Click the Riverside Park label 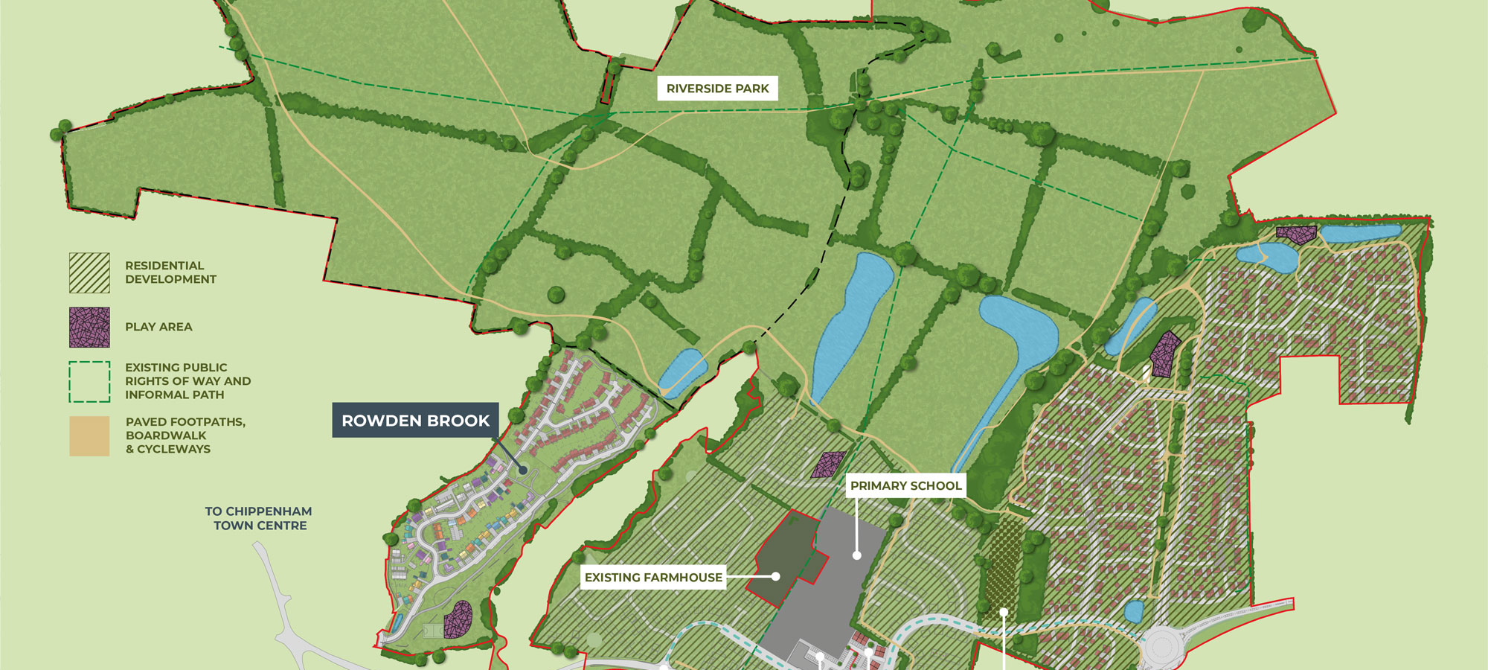coord(717,89)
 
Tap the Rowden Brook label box coord(415,421)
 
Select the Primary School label coord(905,485)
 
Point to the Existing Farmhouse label coord(652,577)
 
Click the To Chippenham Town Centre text coord(259,518)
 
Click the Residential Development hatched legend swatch coord(89,272)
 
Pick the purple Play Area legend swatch coord(89,327)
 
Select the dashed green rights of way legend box coord(89,381)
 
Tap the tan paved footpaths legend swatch coord(89,435)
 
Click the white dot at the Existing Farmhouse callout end coord(775,576)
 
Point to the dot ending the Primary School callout coord(856,555)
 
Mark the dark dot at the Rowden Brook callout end coord(522,470)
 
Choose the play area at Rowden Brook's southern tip coord(458,619)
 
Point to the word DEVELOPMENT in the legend coord(170,279)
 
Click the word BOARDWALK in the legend coord(166,435)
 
